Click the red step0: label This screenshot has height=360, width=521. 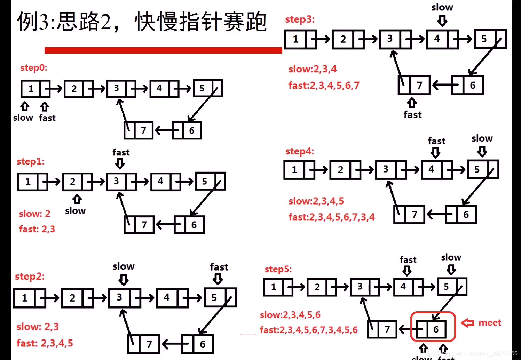pos(33,67)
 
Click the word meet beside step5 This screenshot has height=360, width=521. pos(490,323)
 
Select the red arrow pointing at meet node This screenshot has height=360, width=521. pos(467,323)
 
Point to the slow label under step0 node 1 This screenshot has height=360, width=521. pos(23,118)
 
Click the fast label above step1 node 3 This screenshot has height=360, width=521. pos(121,152)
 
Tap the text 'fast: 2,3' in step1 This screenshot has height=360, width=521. pos(37,229)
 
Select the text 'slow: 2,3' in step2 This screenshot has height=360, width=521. pos(38,327)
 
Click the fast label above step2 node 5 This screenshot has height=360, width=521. pos(219,267)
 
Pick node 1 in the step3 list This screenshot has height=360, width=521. pos(295,39)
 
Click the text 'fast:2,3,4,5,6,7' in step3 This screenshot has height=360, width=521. pos(324,85)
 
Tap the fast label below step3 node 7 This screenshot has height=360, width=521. pos(412,115)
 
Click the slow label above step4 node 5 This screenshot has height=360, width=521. pos(482,138)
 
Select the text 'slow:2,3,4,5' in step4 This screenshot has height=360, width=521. pos(316,201)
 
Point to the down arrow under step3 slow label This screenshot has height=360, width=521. pos(442,21)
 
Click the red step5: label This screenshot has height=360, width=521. pos(278,269)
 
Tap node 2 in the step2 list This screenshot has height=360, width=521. pos(72,298)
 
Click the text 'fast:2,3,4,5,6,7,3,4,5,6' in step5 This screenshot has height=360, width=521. pos(309,330)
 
